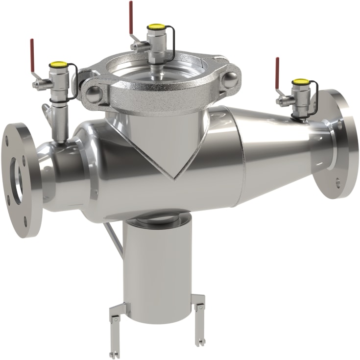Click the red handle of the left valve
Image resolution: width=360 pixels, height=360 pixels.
click(32, 49)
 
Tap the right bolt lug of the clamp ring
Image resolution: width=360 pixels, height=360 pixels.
click(230, 79)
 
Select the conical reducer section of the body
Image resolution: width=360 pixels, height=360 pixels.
click(274, 147)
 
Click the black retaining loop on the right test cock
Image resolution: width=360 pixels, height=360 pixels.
click(313, 98)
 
